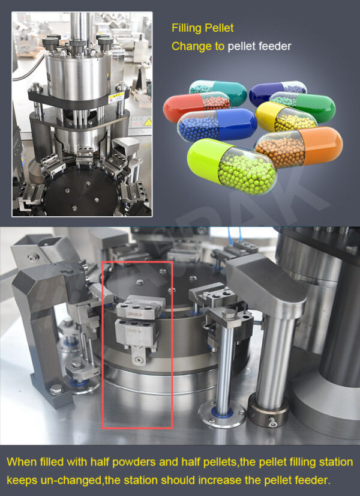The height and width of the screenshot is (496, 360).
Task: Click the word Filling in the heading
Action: [187, 28]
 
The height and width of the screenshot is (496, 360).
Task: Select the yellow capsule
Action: [285, 117]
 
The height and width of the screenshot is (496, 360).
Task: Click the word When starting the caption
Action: [23, 463]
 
